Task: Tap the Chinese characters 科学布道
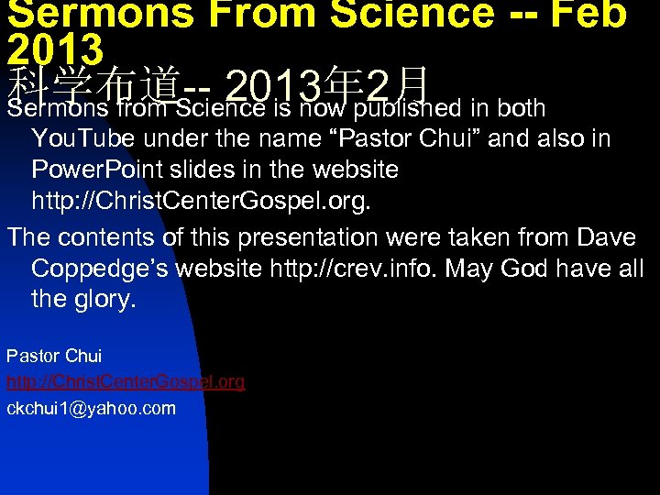tap(95, 84)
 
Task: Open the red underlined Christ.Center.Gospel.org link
tap(126, 381)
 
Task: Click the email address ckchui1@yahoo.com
tap(91, 408)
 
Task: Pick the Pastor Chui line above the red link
tap(53, 356)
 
